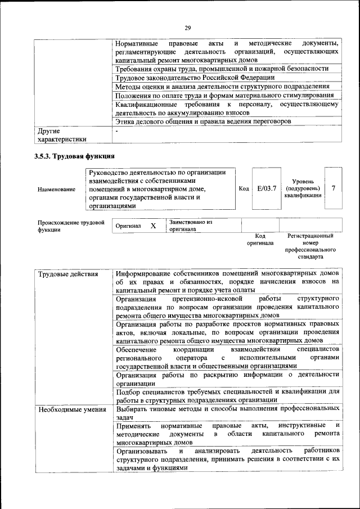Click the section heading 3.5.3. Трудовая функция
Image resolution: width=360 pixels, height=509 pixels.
pos(74,156)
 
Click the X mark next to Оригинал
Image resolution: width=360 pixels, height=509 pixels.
pos(153,226)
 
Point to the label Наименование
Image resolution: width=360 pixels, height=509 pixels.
pos(56,190)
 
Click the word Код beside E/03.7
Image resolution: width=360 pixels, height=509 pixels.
pos(244,188)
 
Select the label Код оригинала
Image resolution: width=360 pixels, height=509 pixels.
pos(260,240)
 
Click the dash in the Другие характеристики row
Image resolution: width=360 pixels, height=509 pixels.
pos(116,131)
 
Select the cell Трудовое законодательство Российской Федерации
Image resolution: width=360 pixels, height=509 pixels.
pos(195,78)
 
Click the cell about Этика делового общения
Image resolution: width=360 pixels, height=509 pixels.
pos(203,121)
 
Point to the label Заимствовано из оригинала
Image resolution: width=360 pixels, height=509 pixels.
pos(190,226)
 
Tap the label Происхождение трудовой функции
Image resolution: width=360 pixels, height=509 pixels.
pos(71,226)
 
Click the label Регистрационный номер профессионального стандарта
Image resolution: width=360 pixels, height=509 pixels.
pos(310,246)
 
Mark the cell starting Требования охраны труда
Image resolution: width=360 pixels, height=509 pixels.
pos(222,69)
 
